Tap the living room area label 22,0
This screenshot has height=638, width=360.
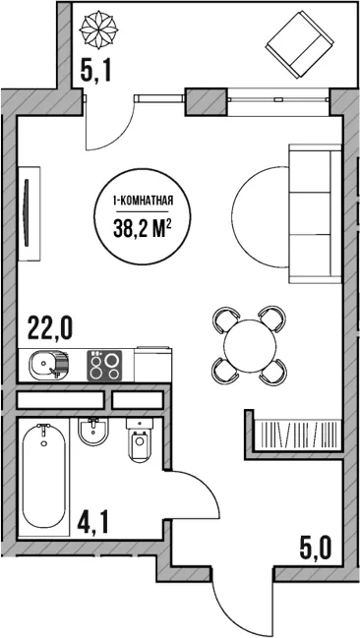(50, 328)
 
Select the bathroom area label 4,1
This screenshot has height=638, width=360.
(92, 525)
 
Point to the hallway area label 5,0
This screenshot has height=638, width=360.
(315, 549)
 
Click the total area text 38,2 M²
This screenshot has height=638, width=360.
(142, 230)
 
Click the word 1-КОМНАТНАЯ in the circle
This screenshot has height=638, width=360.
(143, 201)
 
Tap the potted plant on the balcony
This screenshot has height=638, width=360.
(98, 29)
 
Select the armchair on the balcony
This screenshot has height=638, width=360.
(300, 44)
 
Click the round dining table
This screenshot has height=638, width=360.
(250, 346)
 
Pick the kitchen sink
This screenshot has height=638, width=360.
(48, 363)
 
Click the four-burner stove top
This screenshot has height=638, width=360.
(104, 366)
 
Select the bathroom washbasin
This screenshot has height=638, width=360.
(93, 433)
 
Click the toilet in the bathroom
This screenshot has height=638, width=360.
(141, 440)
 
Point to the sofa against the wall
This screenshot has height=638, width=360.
(315, 213)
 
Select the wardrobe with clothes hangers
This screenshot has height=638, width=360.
(298, 435)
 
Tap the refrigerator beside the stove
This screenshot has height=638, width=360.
(152, 364)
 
